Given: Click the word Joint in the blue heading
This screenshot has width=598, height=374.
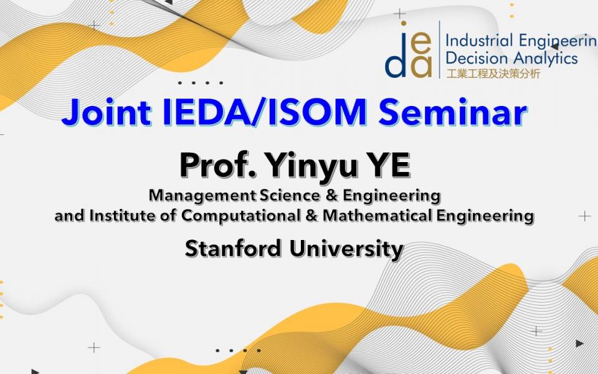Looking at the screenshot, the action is (107, 112).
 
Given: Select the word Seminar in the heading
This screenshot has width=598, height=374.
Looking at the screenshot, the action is (453, 112).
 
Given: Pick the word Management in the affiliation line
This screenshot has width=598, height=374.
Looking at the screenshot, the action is (202, 195).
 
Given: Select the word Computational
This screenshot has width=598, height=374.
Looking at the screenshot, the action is (240, 216).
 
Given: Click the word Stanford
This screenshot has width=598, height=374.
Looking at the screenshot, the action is (233, 249).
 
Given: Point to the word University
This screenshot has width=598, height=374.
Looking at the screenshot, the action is (346, 249).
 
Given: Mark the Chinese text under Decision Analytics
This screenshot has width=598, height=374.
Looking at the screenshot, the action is (493, 74).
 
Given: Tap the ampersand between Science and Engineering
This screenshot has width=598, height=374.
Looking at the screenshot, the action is (331, 195).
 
